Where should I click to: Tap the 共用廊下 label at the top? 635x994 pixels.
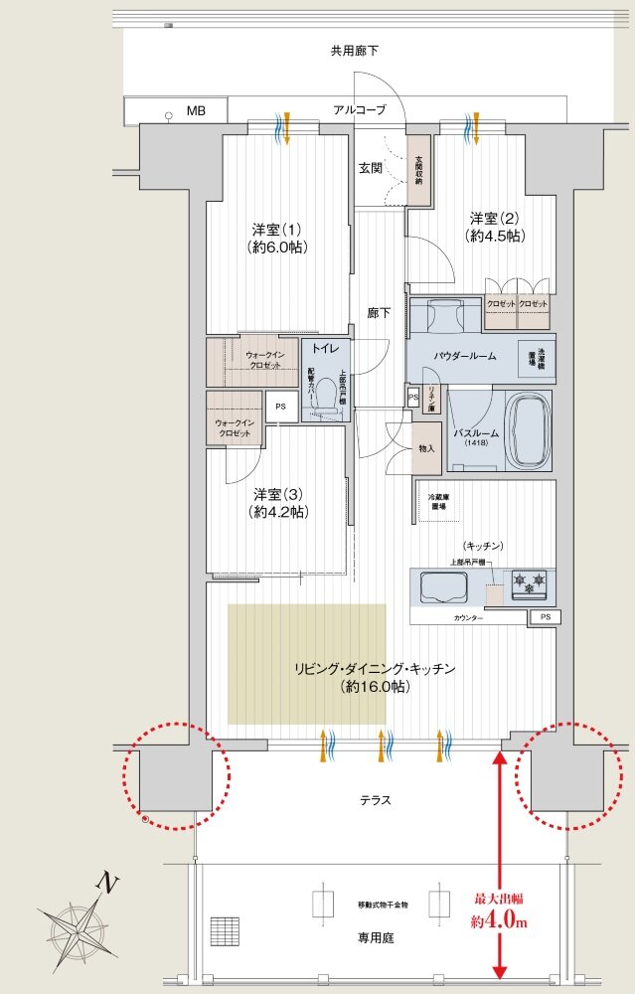click(355, 50)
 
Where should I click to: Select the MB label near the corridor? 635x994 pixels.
click(195, 110)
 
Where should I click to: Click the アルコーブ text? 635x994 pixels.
click(360, 110)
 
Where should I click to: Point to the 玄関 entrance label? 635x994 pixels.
click(373, 167)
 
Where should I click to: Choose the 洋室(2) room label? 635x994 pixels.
click(496, 227)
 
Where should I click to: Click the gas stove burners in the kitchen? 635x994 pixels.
click(528, 584)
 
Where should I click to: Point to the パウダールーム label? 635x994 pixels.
click(464, 355)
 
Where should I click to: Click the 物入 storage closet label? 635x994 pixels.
click(426, 448)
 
